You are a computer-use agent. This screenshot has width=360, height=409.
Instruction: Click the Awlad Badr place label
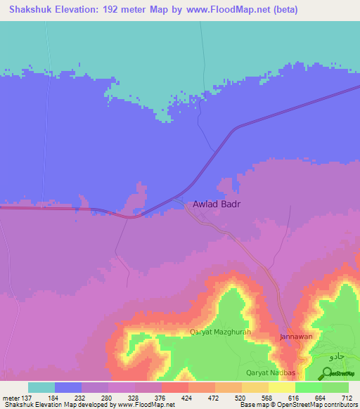(217, 204)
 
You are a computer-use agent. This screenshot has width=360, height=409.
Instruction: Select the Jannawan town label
(297, 337)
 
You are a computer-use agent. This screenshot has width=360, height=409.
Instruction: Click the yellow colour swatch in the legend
(281, 387)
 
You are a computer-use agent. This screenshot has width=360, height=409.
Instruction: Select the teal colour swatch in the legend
(41, 387)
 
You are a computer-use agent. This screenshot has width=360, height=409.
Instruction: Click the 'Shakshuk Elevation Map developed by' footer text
(49, 405)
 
